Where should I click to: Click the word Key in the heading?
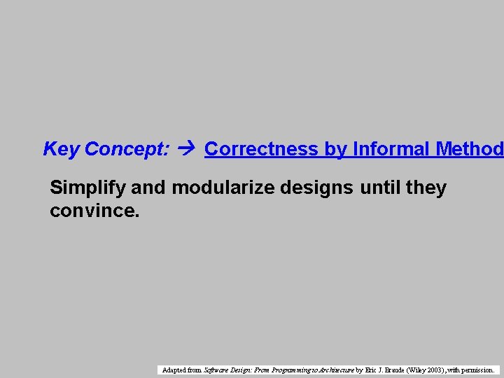pos(62,149)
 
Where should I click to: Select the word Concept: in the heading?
pos(127,149)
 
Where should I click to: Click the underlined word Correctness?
pos(262,149)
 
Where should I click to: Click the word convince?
pos(94,210)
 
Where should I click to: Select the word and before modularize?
pos(150,188)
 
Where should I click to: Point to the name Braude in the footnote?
pos(394,370)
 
